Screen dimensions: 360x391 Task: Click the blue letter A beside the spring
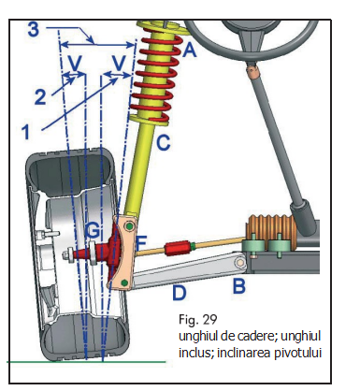click(190, 50)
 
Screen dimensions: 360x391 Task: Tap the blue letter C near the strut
click(164, 142)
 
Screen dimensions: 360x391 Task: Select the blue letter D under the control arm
click(180, 293)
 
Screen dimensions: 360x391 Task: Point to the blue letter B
click(238, 285)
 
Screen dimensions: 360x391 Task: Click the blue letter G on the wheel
click(93, 231)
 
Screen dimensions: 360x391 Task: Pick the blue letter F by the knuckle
click(141, 243)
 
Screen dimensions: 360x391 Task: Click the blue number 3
click(34, 30)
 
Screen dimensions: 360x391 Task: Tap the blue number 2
click(40, 97)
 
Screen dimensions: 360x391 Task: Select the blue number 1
click(26, 132)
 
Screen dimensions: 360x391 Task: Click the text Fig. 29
click(197, 320)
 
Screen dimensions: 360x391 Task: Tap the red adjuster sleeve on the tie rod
click(176, 248)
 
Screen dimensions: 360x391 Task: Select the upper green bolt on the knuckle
click(130, 226)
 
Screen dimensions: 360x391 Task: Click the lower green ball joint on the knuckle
click(124, 282)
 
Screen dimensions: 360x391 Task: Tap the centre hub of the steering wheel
click(253, 29)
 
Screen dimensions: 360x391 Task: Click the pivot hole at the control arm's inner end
click(240, 262)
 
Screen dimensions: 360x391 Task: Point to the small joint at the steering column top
click(253, 72)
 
